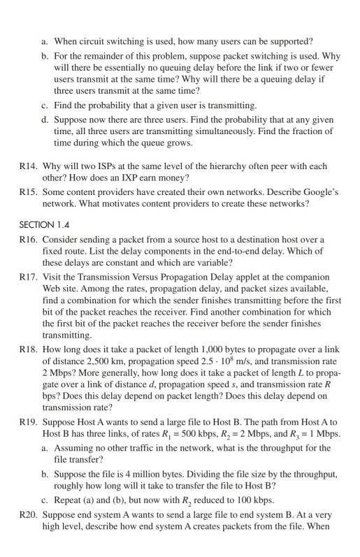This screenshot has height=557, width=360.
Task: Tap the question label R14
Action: (29, 167)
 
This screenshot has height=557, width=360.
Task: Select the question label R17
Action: (29, 277)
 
